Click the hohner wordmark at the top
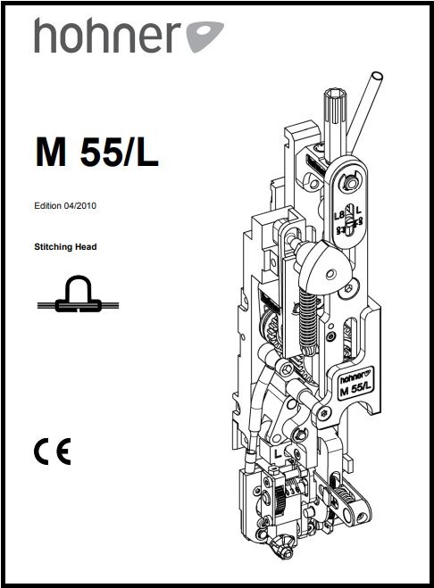[108, 36]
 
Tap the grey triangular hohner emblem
[205, 36]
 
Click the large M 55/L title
[96, 152]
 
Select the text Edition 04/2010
[65, 205]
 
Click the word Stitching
[53, 247]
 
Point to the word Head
[86, 247]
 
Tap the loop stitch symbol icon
[78, 294]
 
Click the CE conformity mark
[52, 451]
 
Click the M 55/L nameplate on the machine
[355, 384]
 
